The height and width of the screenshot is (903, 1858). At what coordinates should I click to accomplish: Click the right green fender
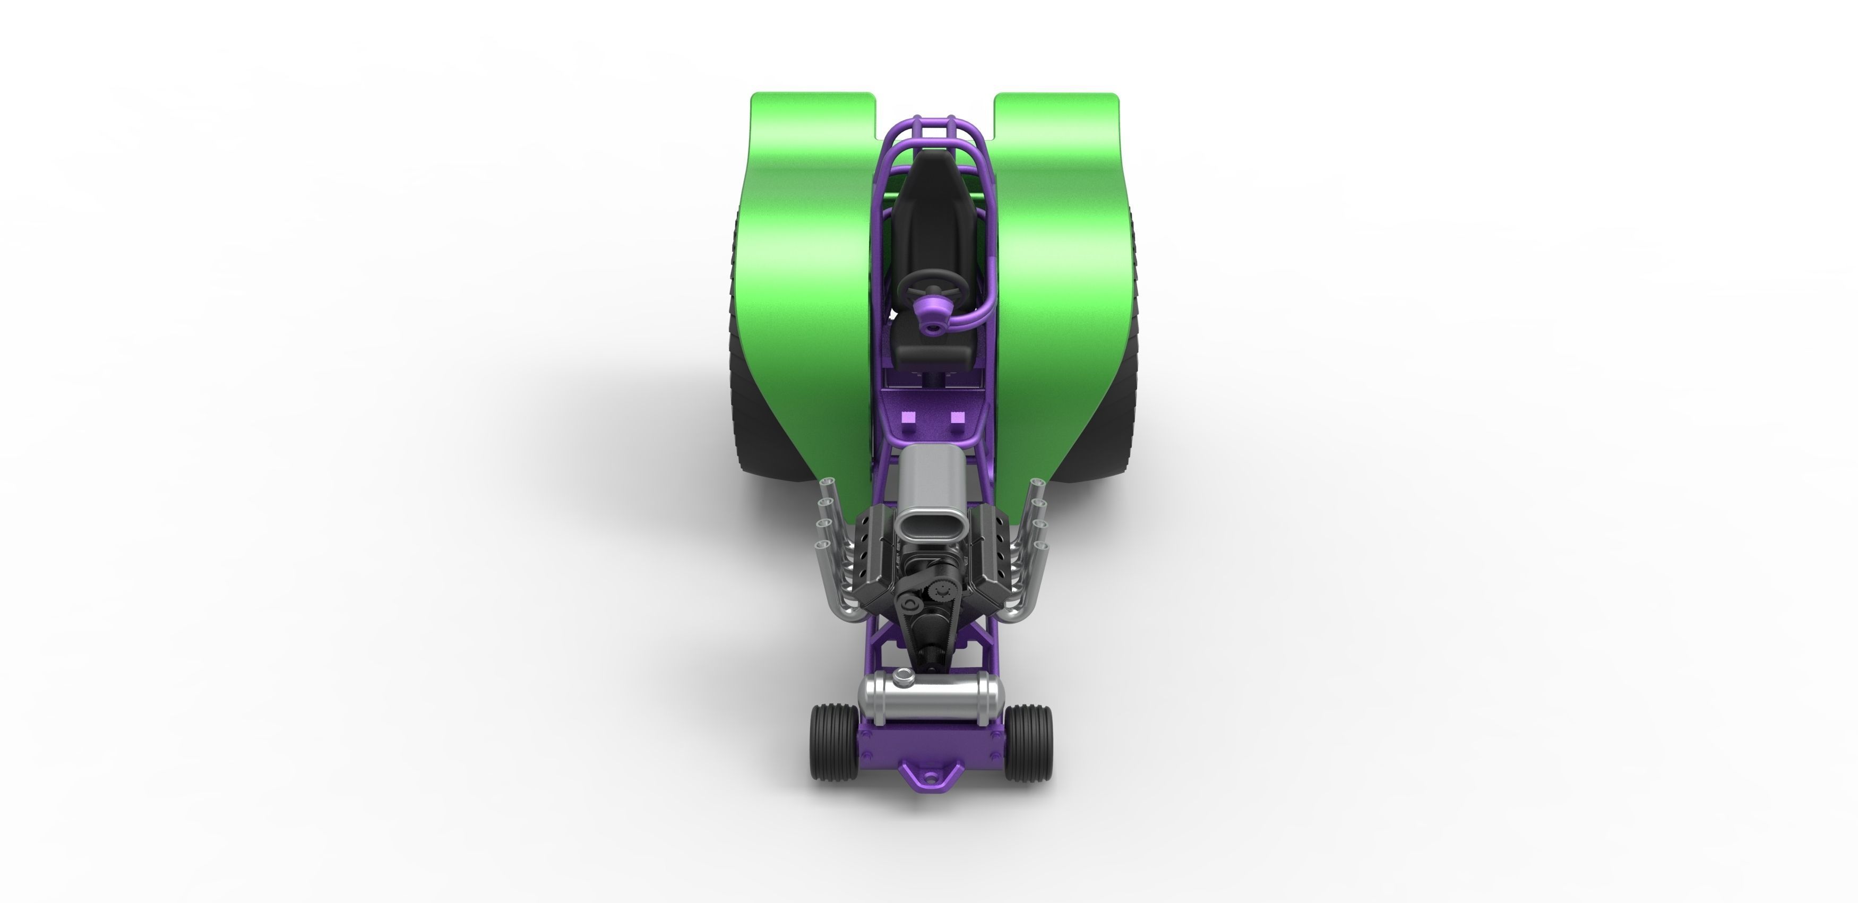(x=1060, y=274)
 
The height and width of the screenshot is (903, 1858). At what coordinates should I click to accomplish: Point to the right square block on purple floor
(x=957, y=418)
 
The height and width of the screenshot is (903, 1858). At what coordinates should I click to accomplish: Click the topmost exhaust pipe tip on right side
(x=1038, y=482)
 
